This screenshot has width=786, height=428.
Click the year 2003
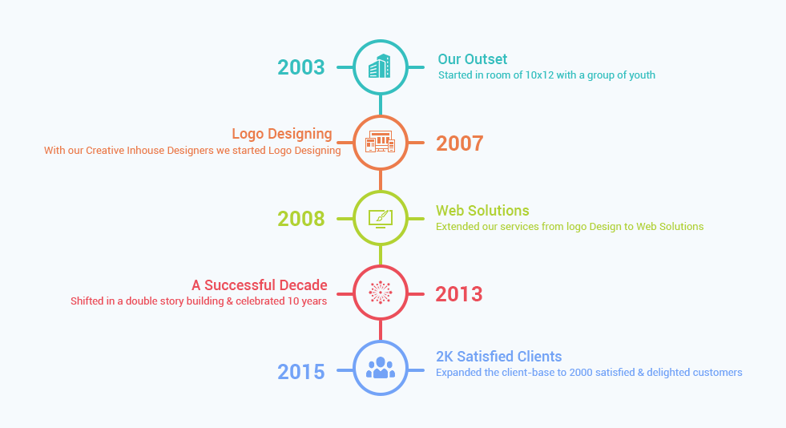301,67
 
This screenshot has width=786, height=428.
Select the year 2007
460,143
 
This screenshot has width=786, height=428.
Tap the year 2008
301,219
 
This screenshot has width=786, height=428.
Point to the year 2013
459,294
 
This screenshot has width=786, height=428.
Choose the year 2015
301,372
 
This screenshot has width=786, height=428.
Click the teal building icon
380,67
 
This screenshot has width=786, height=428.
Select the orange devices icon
380,142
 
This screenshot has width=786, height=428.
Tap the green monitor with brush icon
381,219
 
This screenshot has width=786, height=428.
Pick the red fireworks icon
381,293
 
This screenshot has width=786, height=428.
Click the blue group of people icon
381,367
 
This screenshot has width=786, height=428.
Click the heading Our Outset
473,59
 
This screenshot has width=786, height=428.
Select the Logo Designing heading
282,135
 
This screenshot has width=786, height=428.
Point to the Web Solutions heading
482,211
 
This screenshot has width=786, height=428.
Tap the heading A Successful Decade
259,285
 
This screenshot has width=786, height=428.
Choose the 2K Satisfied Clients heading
499,357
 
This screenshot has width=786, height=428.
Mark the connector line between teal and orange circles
381,105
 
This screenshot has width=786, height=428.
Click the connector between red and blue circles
381,330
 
